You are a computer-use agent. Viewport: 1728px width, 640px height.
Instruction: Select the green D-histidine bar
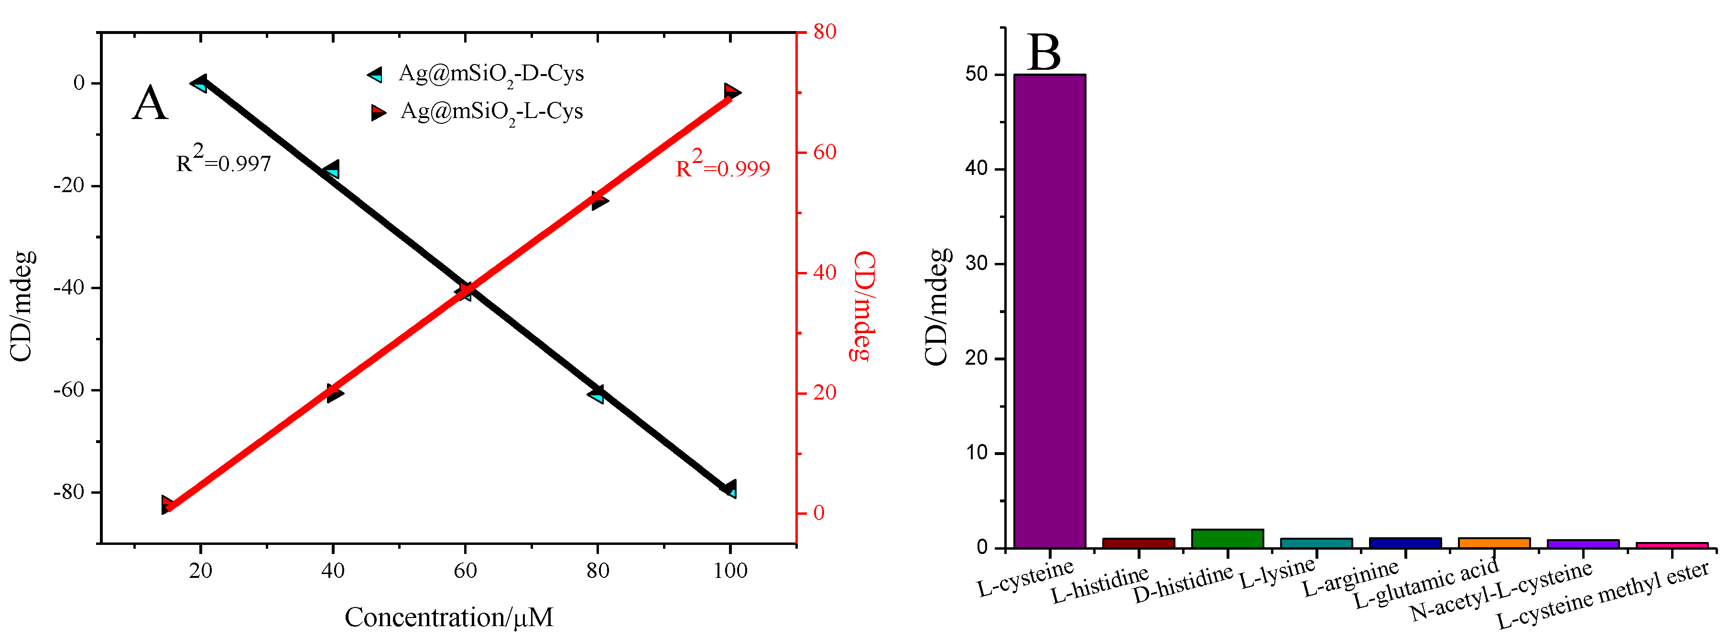(x=1227, y=539)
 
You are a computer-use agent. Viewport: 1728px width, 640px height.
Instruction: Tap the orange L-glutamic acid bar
(x=1494, y=542)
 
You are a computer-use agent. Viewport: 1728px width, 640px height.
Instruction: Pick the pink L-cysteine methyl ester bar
(x=1672, y=545)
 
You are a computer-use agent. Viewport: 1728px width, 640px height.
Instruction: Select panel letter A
(x=149, y=104)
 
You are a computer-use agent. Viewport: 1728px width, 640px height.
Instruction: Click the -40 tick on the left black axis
(x=69, y=288)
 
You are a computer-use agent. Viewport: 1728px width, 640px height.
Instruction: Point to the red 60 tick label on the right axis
(x=825, y=152)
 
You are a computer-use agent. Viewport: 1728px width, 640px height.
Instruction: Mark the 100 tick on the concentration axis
(x=730, y=571)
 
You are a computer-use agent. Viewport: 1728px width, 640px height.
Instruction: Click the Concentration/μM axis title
(x=449, y=617)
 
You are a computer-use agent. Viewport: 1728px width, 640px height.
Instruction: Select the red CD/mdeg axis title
(x=863, y=306)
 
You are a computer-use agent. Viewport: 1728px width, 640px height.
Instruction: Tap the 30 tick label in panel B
(x=976, y=264)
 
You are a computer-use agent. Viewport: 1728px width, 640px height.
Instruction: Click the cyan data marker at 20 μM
(x=198, y=84)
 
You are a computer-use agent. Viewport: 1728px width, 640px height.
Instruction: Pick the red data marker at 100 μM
(x=732, y=91)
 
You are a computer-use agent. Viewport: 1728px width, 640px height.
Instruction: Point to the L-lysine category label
(x=1277, y=573)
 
